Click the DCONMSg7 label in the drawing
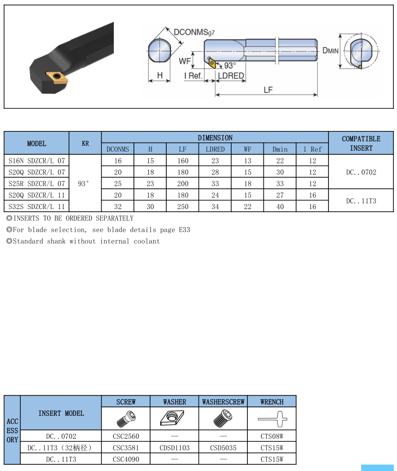(x=194, y=32)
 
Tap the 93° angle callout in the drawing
(x=230, y=65)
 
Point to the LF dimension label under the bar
(x=268, y=90)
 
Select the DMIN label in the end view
(x=330, y=50)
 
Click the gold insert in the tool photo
(x=57, y=78)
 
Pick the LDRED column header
(x=215, y=149)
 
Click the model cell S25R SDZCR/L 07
(x=37, y=183)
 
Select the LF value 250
(x=183, y=207)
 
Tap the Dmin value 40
(x=280, y=207)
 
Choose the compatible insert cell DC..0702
(x=361, y=172)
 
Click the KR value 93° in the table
(x=83, y=183)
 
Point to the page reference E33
(x=184, y=230)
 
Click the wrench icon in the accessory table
(x=272, y=419)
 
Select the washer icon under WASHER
(x=172, y=419)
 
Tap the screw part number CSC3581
(x=126, y=448)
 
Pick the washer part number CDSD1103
(x=175, y=448)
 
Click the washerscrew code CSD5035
(x=223, y=448)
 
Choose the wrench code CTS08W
(x=272, y=436)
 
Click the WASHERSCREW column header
(x=223, y=402)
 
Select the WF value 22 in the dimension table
(x=247, y=207)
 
